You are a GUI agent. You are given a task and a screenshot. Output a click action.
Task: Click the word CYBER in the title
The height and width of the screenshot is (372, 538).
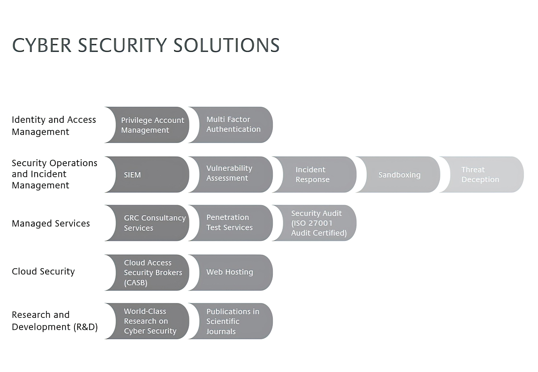coord(42,45)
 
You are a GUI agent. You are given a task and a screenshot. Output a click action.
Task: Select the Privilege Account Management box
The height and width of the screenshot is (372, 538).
coord(147,125)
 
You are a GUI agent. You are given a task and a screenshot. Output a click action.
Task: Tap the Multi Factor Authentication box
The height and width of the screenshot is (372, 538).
coord(231,125)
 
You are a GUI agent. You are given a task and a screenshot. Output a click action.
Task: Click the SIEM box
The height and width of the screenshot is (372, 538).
coord(147,174)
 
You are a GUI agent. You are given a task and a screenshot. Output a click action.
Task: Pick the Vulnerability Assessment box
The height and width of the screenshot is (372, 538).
coord(231,174)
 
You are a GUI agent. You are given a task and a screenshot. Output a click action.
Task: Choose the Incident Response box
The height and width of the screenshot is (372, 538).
coord(315,174)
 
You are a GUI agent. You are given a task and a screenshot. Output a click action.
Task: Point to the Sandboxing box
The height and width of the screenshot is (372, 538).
coord(398,174)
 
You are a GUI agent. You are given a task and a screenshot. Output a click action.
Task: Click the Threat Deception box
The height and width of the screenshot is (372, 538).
coord(482,174)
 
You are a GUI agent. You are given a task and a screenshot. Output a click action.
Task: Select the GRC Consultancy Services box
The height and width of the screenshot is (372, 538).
coord(147,223)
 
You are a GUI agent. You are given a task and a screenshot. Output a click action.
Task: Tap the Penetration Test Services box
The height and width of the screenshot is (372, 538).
coord(231,223)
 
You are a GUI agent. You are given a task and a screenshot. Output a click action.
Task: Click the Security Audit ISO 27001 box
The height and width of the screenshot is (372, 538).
coord(315,223)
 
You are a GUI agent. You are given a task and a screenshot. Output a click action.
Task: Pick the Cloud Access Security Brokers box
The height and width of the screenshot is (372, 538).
coord(147,272)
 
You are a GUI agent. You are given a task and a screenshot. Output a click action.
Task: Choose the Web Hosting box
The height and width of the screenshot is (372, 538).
coord(231,272)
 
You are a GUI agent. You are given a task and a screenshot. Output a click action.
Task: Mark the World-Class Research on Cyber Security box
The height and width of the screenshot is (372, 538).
coord(147,321)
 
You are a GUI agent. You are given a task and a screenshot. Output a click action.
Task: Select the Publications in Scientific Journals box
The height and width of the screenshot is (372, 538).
coord(231,321)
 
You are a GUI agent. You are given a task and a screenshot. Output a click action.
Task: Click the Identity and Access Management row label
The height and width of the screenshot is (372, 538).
coord(54,126)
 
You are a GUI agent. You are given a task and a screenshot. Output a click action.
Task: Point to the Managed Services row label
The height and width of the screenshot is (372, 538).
coord(50,223)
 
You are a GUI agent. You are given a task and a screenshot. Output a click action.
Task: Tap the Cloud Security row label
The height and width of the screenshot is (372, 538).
coord(43,272)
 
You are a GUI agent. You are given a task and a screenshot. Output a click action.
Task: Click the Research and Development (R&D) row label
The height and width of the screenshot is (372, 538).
coord(55,321)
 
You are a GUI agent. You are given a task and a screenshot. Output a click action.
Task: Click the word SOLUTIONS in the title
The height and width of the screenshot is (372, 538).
coord(226,45)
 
